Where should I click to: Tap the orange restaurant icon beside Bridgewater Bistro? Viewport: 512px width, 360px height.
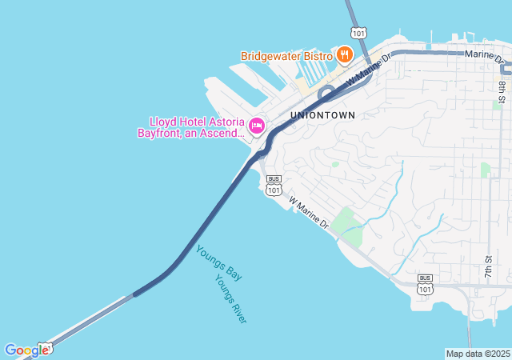point(344,54)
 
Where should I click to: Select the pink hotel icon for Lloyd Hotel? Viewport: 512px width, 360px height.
point(257,126)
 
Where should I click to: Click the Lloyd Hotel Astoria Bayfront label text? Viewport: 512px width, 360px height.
point(195,127)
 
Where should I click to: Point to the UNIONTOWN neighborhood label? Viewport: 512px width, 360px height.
point(322,115)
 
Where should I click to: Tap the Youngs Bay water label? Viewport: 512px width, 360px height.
point(219,262)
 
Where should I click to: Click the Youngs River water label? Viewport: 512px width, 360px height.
point(230,299)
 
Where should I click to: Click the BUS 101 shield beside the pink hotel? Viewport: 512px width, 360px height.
point(274,186)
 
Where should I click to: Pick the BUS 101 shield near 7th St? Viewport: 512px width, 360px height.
point(425,284)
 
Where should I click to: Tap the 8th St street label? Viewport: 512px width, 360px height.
point(502,92)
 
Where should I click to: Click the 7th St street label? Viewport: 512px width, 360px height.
point(488,266)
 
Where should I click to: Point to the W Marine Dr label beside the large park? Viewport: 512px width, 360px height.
point(309,213)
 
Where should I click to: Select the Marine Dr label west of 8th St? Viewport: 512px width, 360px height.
point(487,56)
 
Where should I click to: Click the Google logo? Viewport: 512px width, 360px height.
point(26,350)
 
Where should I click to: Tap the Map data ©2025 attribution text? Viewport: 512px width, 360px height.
point(478,354)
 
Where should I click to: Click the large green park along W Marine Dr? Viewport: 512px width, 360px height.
point(347,223)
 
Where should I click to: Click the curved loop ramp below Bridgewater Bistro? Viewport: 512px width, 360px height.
point(325,94)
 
